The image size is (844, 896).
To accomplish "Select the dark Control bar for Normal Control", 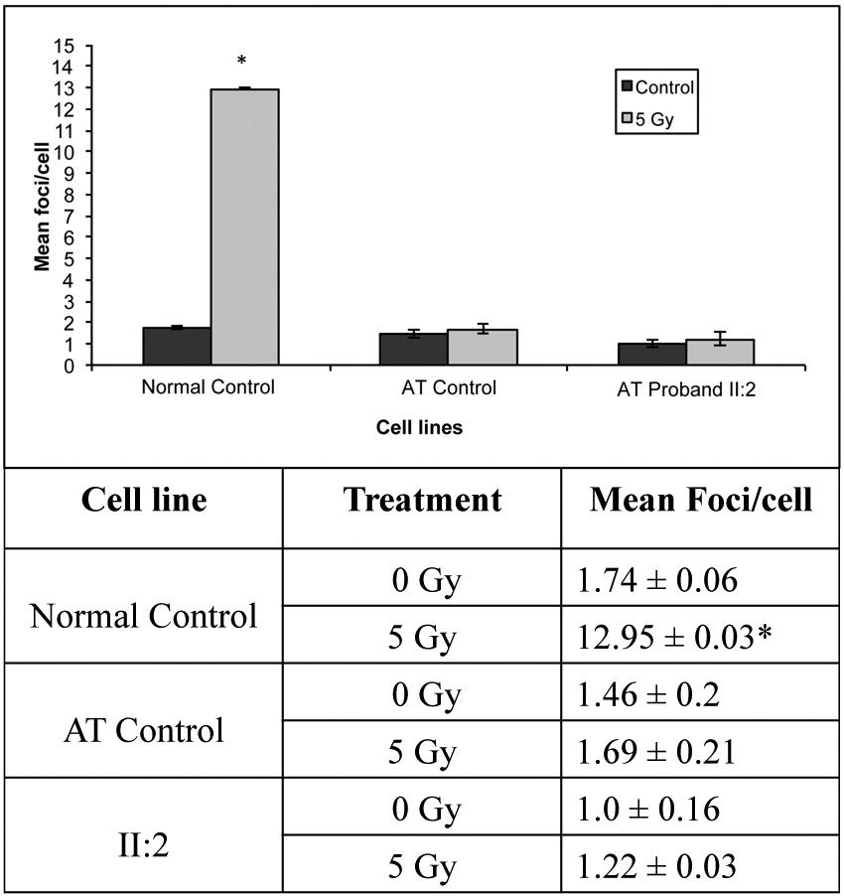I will (177, 346).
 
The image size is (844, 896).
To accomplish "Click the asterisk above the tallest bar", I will (241, 73).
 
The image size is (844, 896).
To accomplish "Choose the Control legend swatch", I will (627, 86).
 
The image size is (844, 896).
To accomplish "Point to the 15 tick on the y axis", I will (67, 46).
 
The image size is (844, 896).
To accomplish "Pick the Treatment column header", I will (422, 500).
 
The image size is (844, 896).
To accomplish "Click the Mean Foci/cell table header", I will (700, 500).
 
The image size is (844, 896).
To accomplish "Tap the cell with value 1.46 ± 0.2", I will (655, 693).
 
